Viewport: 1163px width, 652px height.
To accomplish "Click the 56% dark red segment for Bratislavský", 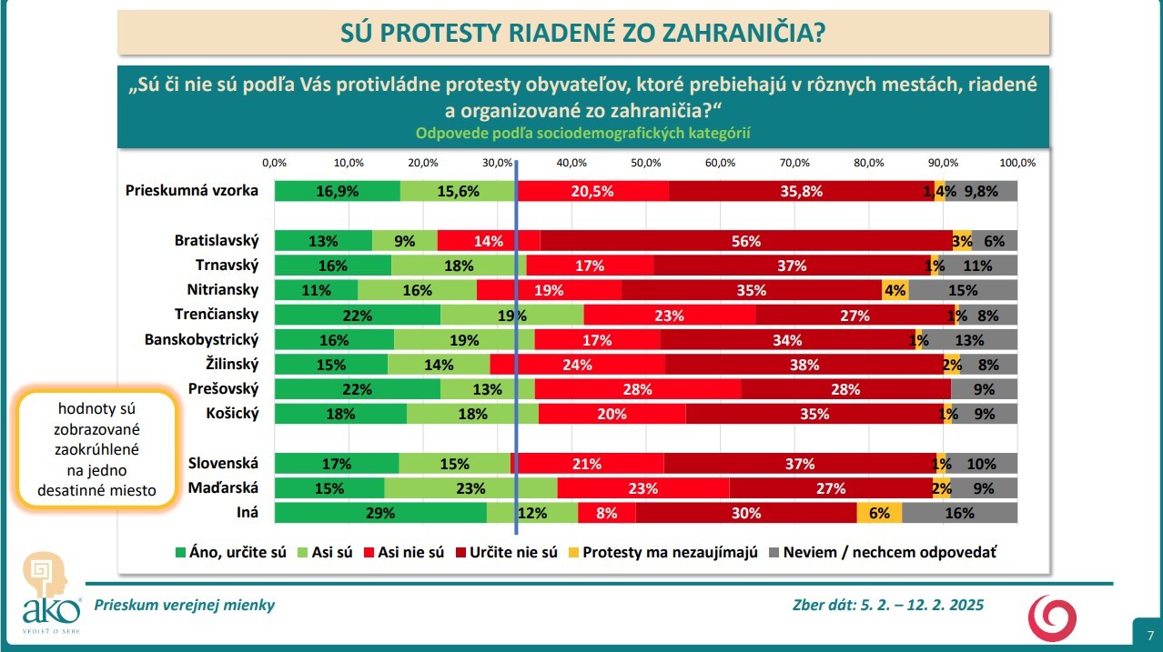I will click(x=745, y=241).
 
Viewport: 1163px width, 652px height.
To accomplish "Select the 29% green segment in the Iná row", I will click(x=379, y=513).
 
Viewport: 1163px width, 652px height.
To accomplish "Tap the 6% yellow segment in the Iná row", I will click(x=879, y=513).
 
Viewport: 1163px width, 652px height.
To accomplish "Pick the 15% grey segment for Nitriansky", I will click(x=962, y=290).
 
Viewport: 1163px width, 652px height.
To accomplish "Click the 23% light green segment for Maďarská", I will click(x=470, y=488).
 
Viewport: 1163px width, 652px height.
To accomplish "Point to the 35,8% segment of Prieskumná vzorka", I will click(x=801, y=191).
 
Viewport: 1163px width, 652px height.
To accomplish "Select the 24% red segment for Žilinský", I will click(x=578, y=365).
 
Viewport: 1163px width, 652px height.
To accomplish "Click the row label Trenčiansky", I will click(x=217, y=315).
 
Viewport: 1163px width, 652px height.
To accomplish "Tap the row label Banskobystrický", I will click(x=202, y=339).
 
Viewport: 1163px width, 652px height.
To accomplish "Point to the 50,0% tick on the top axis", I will click(x=645, y=163).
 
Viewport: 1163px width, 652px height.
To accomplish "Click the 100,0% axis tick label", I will click(x=1016, y=163).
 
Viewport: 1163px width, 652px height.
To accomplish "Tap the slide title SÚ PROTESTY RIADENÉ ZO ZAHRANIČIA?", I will click(x=582, y=34).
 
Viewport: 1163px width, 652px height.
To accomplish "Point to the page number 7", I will click(x=1149, y=635).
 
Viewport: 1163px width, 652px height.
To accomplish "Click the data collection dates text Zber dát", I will click(x=888, y=606).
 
